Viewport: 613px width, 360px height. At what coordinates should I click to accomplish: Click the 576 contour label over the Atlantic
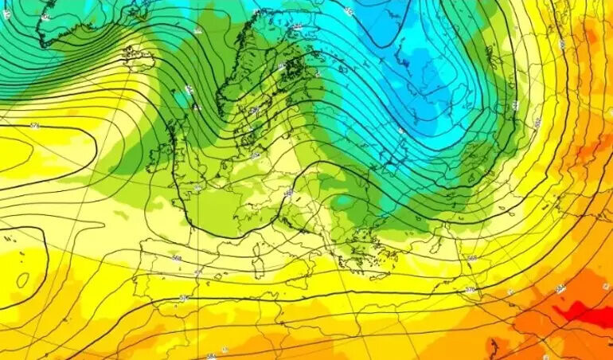coord(34,126)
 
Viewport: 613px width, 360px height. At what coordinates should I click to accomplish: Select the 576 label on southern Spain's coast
coord(184,297)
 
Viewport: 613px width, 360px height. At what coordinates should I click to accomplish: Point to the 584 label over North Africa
coord(210,356)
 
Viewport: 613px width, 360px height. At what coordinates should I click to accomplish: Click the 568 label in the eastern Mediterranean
coord(471,258)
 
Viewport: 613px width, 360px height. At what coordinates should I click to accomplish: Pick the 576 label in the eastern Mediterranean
coord(470,289)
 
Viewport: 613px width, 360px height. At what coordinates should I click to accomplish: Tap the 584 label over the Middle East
coord(560,288)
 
